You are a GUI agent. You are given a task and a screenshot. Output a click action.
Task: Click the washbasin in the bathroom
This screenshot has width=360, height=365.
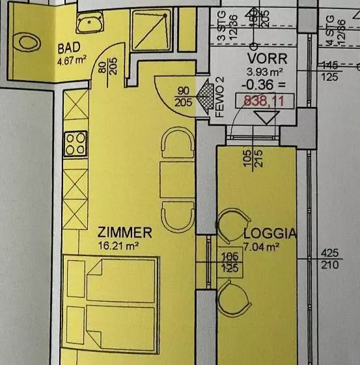pyautogui.click(x=85, y=24)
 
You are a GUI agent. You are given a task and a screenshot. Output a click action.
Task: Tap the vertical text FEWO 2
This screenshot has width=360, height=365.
pyautogui.click(x=219, y=96)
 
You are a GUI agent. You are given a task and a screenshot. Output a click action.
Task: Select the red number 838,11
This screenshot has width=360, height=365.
pyautogui.click(x=264, y=101)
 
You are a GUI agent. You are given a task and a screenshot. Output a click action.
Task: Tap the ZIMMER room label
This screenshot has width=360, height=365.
pyautogui.click(x=124, y=233)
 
